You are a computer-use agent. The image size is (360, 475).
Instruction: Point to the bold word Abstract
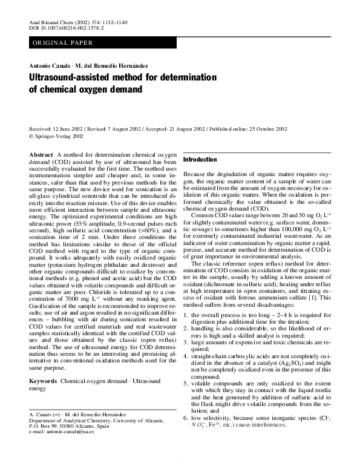[41, 156]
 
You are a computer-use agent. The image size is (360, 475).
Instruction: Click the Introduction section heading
[200, 160]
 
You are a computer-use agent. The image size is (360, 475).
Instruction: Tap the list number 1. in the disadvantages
[185, 316]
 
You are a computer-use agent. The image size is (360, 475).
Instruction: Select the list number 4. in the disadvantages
[185, 356]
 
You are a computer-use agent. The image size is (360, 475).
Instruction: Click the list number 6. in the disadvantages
[185, 418]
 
